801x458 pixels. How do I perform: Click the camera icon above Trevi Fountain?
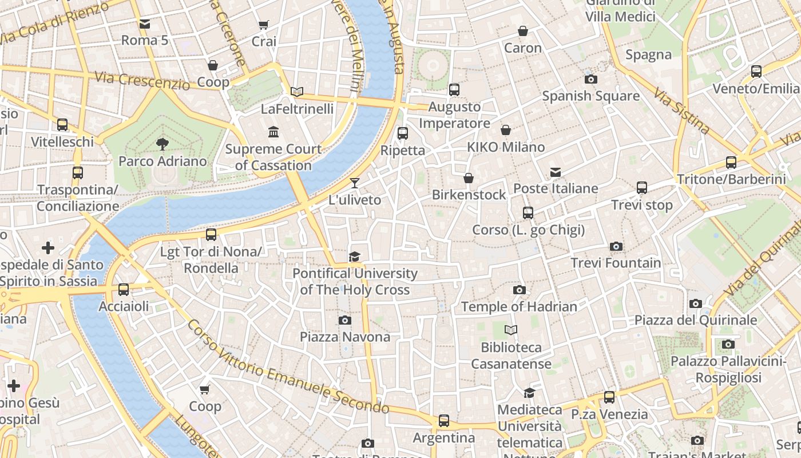[616, 247]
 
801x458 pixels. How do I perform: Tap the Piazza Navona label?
[345, 337]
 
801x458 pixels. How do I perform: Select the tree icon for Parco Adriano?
[162, 144]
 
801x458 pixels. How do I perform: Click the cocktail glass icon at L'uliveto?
[355, 183]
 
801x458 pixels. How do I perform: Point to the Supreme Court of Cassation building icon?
[273, 132]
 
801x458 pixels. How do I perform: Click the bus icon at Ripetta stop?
[403, 133]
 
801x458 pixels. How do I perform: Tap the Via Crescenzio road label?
[142, 81]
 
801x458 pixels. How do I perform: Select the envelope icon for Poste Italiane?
[555, 172]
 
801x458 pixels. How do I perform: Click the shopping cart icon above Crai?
[263, 25]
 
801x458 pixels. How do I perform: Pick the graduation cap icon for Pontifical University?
[355, 256]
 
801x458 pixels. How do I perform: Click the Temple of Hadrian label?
[519, 307]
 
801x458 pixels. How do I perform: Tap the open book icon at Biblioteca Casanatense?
[511, 330]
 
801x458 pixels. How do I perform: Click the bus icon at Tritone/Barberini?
[731, 163]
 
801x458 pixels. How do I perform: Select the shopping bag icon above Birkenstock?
[469, 178]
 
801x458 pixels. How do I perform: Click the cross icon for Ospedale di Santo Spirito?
[48, 248]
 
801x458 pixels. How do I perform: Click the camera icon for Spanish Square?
[590, 79]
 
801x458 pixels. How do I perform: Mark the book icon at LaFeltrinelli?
[296, 92]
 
